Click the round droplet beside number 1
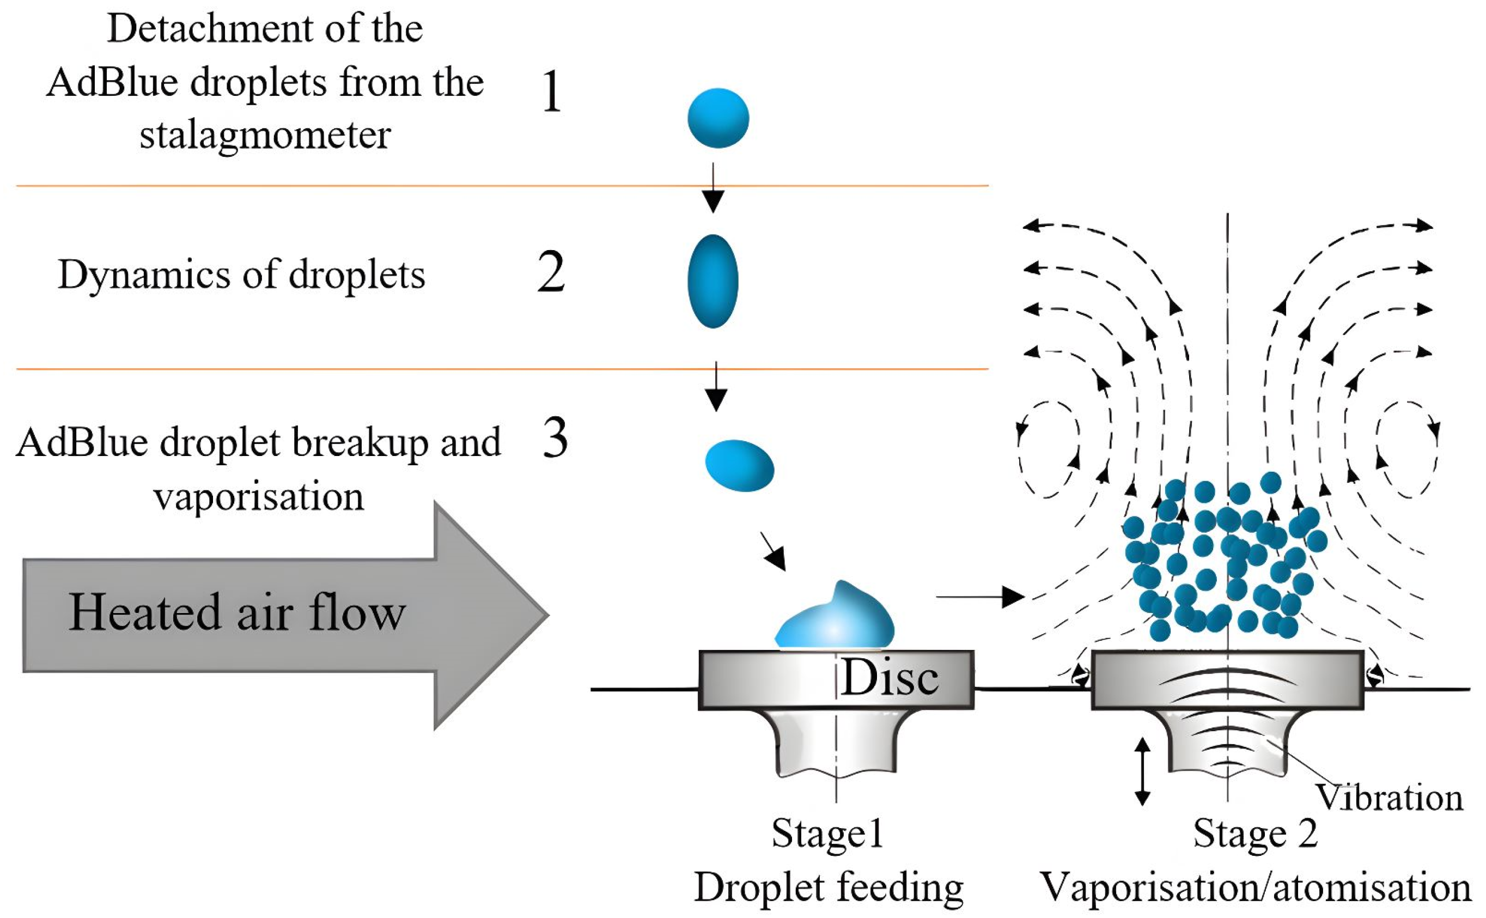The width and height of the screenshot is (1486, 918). tap(718, 118)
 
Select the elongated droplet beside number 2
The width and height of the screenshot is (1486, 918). tap(712, 281)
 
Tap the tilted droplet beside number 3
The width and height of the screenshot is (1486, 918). tap(739, 466)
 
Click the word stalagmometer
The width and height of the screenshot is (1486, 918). tap(265, 135)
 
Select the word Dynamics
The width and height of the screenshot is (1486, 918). tap(144, 275)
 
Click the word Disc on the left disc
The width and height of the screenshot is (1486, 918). tap(890, 678)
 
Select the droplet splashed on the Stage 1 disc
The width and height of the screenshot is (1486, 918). tap(835, 617)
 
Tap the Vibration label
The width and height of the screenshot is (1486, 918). tap(1389, 797)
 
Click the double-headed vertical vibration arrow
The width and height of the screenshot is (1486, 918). tap(1142, 771)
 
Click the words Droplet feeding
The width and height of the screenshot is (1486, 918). tap(829, 887)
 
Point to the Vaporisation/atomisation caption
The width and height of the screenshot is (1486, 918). tap(1256, 887)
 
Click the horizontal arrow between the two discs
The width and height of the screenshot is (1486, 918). tap(980, 597)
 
